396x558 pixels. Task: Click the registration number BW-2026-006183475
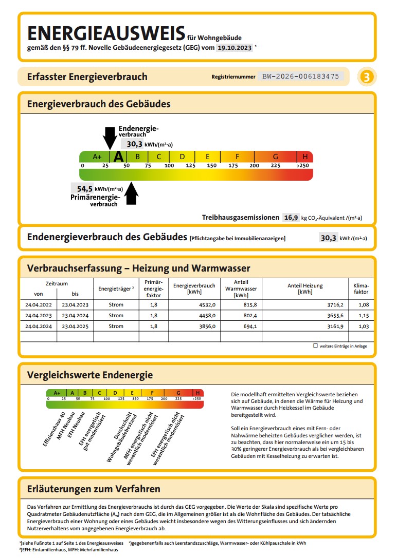pos(300,76)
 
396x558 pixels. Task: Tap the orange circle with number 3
pos(366,77)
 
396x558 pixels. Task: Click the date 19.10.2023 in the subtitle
pos(235,47)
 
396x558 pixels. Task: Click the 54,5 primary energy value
pos(85,188)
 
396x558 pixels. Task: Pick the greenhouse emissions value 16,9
pos(291,218)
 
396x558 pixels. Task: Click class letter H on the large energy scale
pos(305,157)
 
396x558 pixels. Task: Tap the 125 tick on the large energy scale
pos(190,165)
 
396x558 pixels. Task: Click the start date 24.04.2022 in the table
pos(39,304)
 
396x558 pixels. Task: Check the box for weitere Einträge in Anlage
pos(315,345)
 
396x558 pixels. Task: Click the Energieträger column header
pos(116,288)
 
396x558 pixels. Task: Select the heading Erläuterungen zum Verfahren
pos(94,489)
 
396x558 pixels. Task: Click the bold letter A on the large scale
pos(119,157)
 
